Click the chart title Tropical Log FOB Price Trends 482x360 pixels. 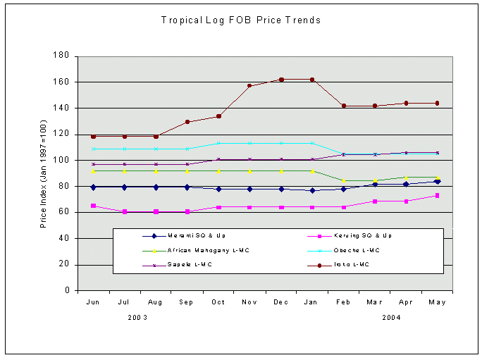pos(241,20)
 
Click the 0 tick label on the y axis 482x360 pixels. pos(67,290)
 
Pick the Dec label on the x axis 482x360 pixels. pos(280,302)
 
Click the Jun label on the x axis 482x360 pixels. pos(93,302)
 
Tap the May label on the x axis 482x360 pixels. pos(437,302)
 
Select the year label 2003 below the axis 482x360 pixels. pos(138,318)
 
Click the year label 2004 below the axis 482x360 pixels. pos(393,318)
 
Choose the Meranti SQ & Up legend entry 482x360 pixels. pos(185,236)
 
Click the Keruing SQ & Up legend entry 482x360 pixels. pos(357,236)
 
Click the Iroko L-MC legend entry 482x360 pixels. pos(350,265)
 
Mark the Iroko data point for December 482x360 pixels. pos(281,80)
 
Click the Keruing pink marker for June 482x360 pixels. pos(93,206)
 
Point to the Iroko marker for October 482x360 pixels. pos(218,116)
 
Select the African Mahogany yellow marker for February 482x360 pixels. pos(343,181)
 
